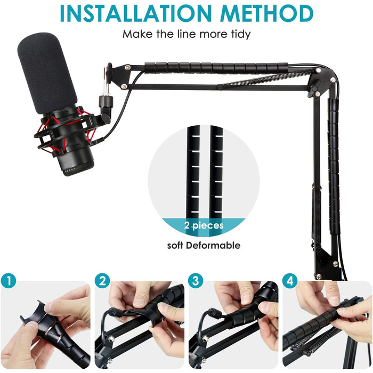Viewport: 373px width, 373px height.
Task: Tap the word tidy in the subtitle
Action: click(x=241, y=34)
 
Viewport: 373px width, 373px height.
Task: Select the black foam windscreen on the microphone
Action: click(x=47, y=72)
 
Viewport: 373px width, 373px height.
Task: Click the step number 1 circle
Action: click(x=9, y=281)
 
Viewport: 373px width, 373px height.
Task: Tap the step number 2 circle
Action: click(x=102, y=281)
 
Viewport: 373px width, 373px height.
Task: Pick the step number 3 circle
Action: click(x=196, y=281)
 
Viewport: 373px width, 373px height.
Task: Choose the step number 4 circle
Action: click(x=290, y=281)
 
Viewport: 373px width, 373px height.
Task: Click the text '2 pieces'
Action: click(x=204, y=225)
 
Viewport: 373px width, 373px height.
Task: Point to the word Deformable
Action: click(x=213, y=246)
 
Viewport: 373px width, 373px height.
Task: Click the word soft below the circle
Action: click(x=175, y=246)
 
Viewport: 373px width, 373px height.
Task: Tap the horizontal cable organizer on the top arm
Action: click(x=216, y=67)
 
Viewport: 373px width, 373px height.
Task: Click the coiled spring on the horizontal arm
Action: click(x=269, y=78)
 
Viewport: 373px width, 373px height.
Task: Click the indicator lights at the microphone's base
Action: click(x=69, y=170)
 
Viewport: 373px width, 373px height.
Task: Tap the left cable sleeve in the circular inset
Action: click(x=193, y=172)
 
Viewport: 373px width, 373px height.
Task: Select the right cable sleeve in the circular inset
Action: click(x=216, y=172)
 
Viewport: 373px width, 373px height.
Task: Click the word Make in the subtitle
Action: click(x=137, y=34)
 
